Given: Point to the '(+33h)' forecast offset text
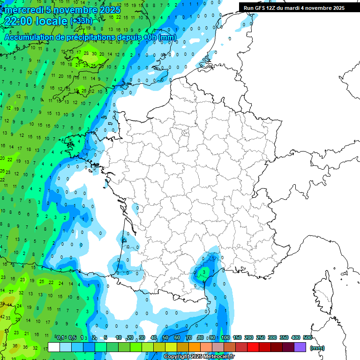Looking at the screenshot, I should click(81, 21).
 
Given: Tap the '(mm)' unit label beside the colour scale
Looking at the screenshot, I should click(317, 348).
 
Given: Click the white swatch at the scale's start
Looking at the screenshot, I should click(54, 347).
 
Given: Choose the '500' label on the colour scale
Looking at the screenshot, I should click(307, 337).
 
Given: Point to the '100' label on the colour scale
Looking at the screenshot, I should click(225, 337).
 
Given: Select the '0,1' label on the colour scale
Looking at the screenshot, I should click(60, 337).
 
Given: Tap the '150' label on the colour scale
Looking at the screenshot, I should click(237, 337).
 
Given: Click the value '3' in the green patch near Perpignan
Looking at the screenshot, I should click(204, 271).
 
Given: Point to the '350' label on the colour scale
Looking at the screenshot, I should click(284, 337).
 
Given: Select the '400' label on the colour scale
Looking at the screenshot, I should click(296, 337).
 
